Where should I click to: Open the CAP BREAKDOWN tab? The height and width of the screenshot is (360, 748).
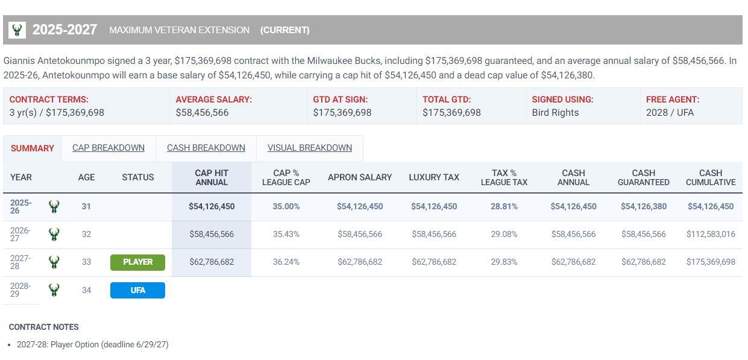[108, 148]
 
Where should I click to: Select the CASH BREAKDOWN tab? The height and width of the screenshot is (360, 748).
[206, 148]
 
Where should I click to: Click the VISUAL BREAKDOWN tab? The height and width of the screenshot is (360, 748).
[310, 148]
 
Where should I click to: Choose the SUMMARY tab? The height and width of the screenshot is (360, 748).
[33, 148]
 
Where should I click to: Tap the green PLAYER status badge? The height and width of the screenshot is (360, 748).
[137, 262]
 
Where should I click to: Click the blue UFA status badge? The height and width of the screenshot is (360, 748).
[137, 290]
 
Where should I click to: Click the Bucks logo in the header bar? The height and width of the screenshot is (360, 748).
[17, 30]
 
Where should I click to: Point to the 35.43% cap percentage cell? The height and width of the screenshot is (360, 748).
[286, 234]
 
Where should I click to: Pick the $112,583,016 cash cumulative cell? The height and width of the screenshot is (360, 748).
[711, 234]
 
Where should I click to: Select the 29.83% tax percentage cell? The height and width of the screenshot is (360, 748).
[504, 262]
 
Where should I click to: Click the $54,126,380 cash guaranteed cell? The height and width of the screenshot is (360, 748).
[644, 206]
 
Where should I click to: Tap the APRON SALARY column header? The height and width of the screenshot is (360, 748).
[360, 177]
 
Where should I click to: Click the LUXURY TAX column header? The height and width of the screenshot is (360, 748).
[434, 177]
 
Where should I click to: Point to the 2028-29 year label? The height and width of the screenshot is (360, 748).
[20, 290]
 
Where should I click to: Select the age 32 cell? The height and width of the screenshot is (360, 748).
[86, 234]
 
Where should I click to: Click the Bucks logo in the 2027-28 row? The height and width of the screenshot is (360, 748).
[54, 262]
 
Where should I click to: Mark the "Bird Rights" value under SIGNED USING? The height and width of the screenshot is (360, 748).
[555, 113]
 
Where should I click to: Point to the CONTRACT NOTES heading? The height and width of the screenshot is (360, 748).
[44, 327]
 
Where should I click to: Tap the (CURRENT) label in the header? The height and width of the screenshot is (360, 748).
[285, 30]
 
